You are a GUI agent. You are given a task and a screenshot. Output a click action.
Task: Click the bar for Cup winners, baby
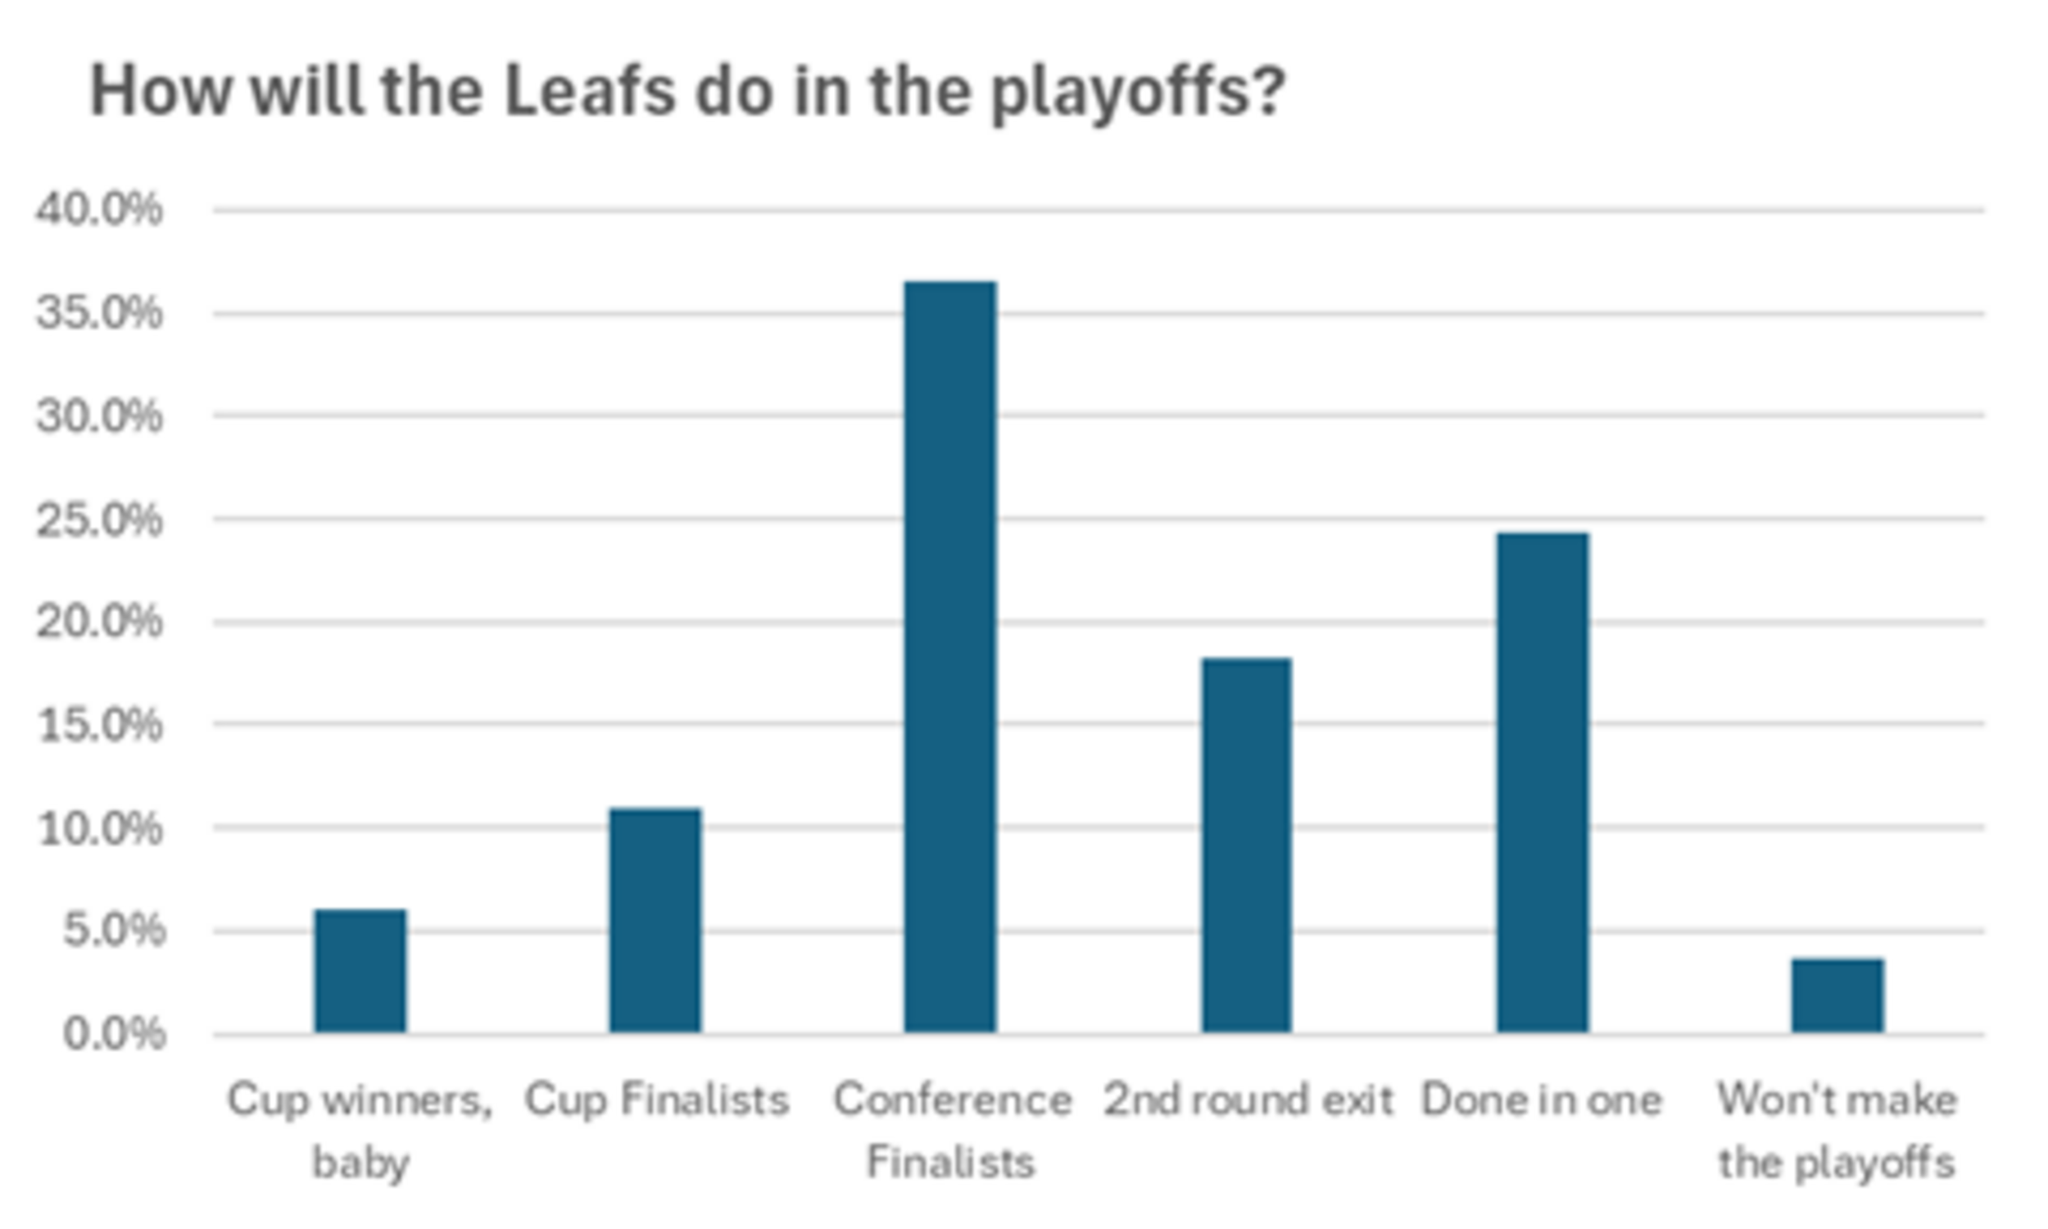[x=360, y=971]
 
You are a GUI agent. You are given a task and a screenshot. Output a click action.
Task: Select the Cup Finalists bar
[x=655, y=920]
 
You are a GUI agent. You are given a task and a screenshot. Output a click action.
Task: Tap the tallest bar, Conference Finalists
[x=950, y=657]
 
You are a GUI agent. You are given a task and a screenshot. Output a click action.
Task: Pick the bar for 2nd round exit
[x=1247, y=845]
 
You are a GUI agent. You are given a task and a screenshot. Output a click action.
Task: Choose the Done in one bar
[x=1543, y=782]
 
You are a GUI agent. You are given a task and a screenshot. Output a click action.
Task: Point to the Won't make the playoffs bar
[x=1837, y=995]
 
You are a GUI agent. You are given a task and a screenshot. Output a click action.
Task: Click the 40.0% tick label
[x=99, y=210]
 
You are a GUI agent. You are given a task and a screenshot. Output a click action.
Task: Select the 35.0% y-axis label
[x=99, y=313]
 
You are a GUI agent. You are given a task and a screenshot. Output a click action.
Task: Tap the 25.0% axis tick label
[x=99, y=520]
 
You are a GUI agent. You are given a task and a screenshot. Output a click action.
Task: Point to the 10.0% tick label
[x=101, y=828]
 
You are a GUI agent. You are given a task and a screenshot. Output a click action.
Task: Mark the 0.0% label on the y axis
[x=114, y=1033]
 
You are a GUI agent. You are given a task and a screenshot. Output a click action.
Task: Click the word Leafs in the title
[x=589, y=91]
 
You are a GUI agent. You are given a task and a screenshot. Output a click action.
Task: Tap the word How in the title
[x=161, y=91]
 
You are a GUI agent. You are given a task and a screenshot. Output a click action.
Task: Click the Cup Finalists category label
[x=656, y=1100]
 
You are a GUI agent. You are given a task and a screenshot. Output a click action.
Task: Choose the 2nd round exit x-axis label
[x=1248, y=1100]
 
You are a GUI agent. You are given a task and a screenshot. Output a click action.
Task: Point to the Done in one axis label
[x=1542, y=1100]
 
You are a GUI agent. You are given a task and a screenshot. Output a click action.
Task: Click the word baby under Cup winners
[x=361, y=1163]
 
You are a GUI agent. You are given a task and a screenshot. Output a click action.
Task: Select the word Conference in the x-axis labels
[x=952, y=1100]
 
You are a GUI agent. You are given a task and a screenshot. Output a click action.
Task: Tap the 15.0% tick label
[x=101, y=725]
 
